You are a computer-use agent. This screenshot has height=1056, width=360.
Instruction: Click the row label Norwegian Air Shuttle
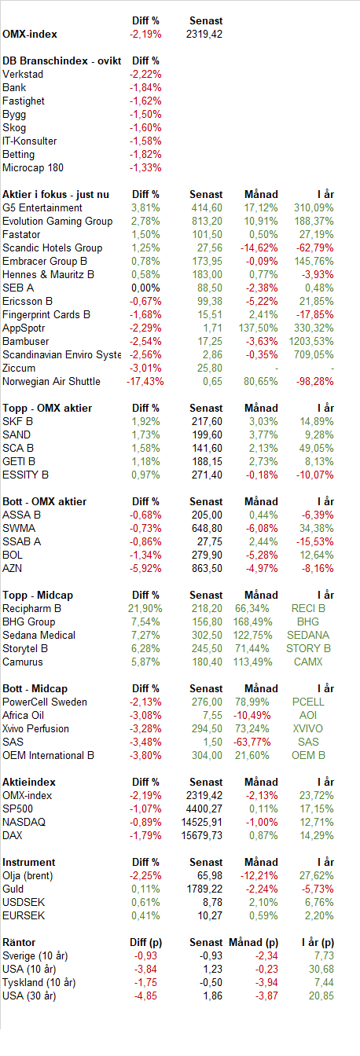[x=51, y=381]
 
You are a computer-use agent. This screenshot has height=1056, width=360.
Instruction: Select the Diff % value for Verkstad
[x=145, y=74]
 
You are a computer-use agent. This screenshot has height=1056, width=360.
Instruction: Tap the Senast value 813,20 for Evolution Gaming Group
[x=207, y=221]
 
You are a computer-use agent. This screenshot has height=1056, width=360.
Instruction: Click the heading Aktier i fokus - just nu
[x=56, y=194]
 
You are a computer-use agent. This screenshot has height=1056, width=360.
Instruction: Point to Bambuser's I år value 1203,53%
[x=311, y=341]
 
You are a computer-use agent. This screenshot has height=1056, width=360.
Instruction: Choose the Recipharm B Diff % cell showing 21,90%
[x=145, y=609]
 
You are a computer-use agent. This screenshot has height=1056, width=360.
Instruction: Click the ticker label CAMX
[x=308, y=662]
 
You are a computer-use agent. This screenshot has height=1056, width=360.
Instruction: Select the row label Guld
[x=13, y=889]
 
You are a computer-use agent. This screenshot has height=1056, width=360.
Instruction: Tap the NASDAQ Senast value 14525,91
[x=202, y=822]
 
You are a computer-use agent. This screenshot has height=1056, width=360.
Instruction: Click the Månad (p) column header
[x=253, y=942]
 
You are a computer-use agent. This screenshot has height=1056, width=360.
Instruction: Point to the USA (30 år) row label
[x=29, y=995]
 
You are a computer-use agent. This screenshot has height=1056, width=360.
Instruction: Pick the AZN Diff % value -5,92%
[x=145, y=569]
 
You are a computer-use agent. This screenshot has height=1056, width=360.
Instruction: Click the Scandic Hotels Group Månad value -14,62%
[x=259, y=248]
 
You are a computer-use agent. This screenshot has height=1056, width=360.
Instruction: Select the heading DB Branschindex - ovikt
[x=62, y=60]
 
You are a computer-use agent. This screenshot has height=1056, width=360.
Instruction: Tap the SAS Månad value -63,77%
[x=252, y=742]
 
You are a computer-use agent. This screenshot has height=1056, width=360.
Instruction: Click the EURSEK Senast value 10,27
[x=210, y=915]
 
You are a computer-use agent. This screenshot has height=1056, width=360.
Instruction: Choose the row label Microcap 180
[x=33, y=168]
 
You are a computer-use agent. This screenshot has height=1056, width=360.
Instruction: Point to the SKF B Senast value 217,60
[x=207, y=421]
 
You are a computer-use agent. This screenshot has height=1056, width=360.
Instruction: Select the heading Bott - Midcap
[x=35, y=689]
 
